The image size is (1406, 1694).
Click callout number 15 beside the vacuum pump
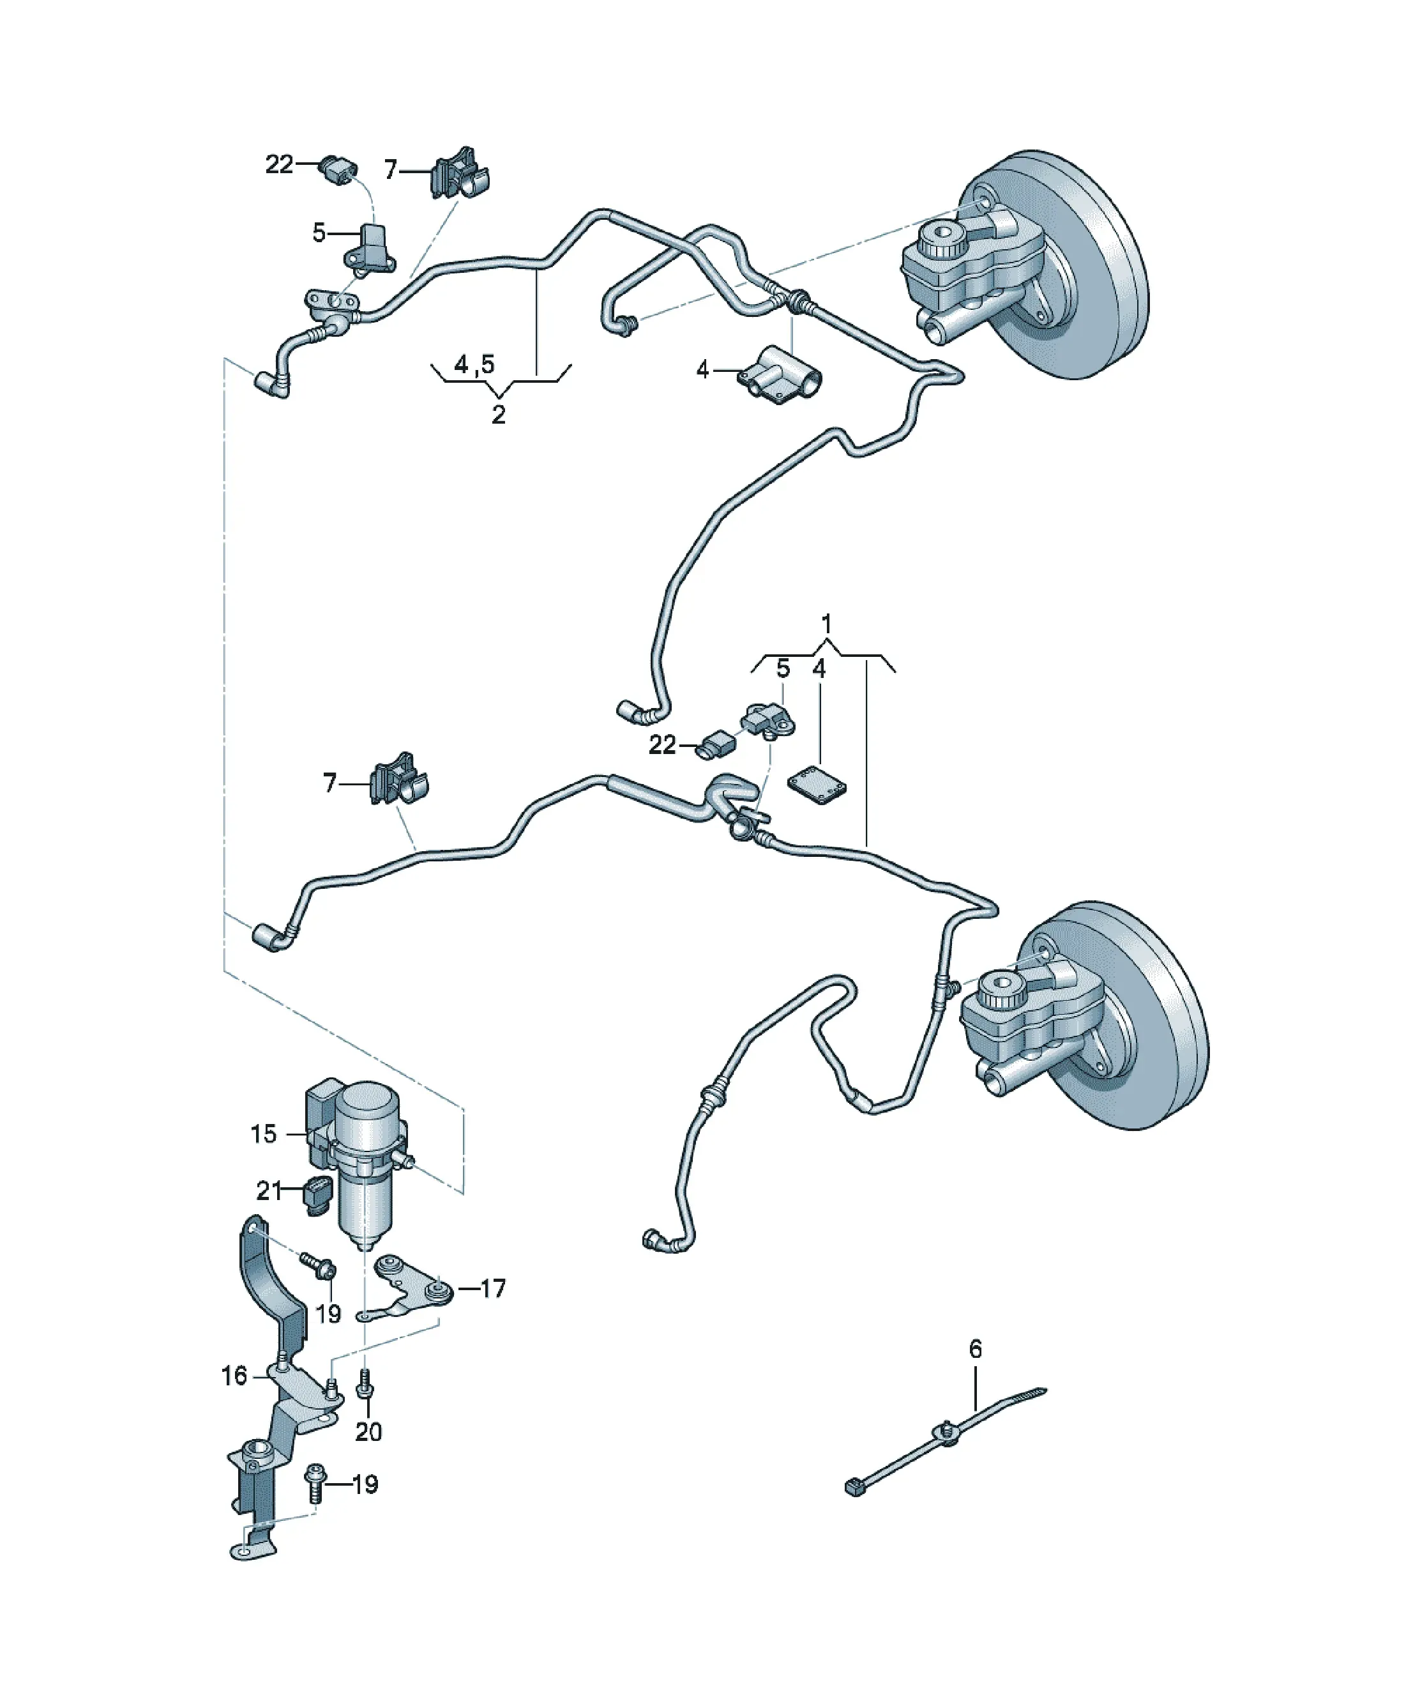(263, 1134)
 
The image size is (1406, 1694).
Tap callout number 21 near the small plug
(268, 1190)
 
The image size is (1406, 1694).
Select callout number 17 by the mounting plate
(492, 1288)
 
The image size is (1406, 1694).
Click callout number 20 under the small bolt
(368, 1432)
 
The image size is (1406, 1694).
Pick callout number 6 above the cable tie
(976, 1349)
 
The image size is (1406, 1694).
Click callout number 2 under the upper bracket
(499, 415)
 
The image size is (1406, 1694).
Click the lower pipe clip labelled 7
(399, 780)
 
